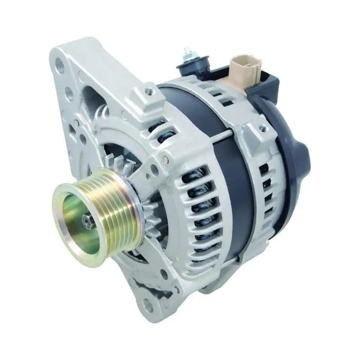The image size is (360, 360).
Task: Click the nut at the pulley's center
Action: click(88, 220)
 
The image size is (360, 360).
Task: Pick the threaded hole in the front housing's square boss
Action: click(148, 92)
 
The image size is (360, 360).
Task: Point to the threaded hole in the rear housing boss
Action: click(262, 129)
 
